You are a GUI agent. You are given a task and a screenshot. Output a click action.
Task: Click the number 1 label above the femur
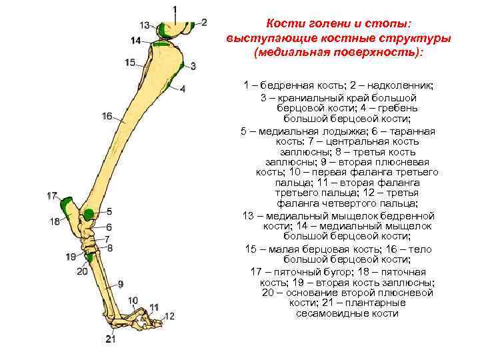tap(175, 9)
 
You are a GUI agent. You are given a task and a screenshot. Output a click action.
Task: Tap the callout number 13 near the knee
tap(145, 25)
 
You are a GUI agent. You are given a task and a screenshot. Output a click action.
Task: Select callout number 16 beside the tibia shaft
tap(107, 116)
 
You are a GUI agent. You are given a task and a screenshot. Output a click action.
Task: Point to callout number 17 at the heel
tap(53, 196)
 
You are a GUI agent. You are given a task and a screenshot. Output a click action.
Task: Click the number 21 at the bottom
tap(110, 339)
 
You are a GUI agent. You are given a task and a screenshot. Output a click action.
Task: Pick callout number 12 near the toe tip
tap(169, 315)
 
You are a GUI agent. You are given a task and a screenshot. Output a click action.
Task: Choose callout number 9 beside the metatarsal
tap(121, 283)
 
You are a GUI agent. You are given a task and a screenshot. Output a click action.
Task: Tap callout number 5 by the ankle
tap(109, 211)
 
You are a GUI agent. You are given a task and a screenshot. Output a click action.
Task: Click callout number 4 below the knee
tap(183, 89)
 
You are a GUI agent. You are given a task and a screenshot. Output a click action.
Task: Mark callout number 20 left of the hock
tap(83, 271)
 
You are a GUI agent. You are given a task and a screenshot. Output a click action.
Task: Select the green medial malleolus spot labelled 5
tap(88, 215)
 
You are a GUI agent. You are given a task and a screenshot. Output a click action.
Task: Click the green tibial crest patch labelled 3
tap(181, 67)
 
